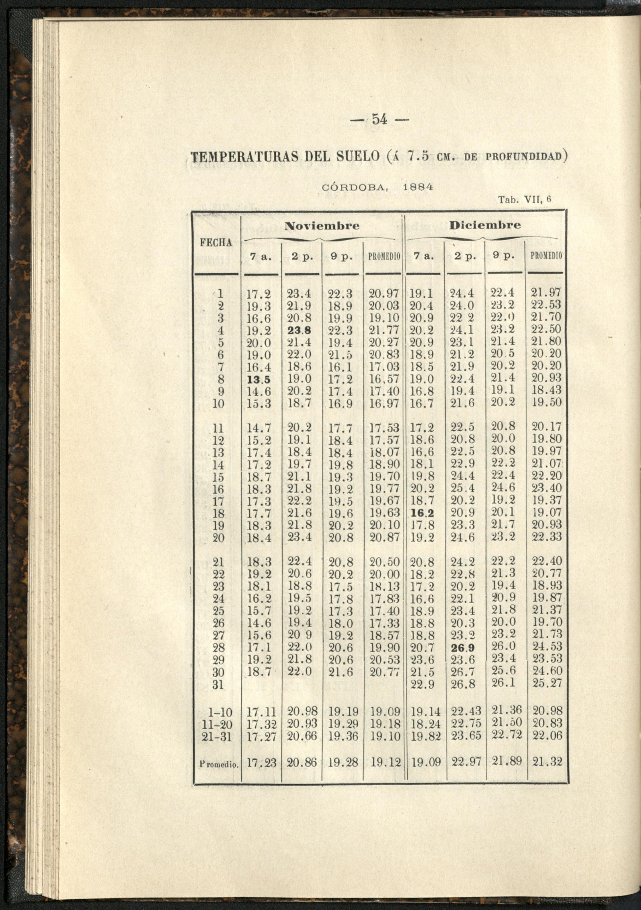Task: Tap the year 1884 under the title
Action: (x=417, y=187)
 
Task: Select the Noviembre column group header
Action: (x=323, y=226)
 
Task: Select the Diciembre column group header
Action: (x=485, y=225)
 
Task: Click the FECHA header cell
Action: (x=216, y=243)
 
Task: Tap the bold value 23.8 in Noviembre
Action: (x=299, y=331)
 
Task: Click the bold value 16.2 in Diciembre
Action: (x=422, y=514)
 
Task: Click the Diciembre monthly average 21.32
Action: (x=547, y=761)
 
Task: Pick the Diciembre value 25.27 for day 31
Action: (x=547, y=683)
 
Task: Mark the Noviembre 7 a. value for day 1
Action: (x=258, y=294)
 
